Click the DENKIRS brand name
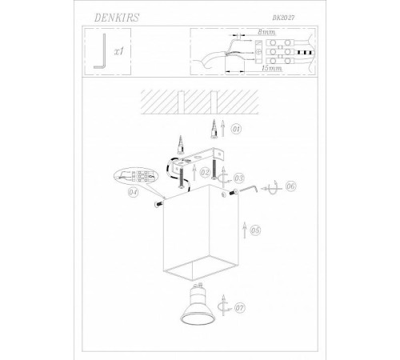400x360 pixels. tap(117, 18)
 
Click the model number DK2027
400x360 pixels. tap(283, 18)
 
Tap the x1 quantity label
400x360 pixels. tap(119, 51)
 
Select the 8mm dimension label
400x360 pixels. tap(266, 32)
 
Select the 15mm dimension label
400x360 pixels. tap(271, 68)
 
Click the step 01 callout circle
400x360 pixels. tap(236, 130)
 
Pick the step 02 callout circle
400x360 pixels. tap(205, 173)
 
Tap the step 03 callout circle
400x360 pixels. tap(239, 178)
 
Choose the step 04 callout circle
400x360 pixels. tap(134, 192)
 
